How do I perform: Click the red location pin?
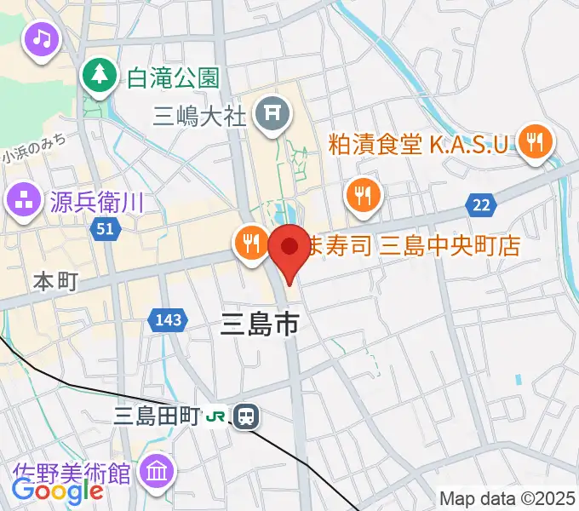click(289, 249)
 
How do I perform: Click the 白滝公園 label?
click(173, 78)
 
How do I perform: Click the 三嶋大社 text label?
click(199, 113)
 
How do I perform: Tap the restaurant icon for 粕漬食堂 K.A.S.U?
click(534, 141)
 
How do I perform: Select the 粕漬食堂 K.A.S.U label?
click(421, 142)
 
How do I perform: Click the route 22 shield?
click(480, 204)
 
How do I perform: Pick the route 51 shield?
click(106, 230)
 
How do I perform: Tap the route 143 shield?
click(167, 320)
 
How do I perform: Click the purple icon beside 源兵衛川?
click(22, 202)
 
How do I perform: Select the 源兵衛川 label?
click(95, 203)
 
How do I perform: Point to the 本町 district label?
click(55, 280)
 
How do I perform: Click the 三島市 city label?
click(260, 324)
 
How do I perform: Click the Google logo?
click(57, 491)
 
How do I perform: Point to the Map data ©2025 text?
click(508, 498)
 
